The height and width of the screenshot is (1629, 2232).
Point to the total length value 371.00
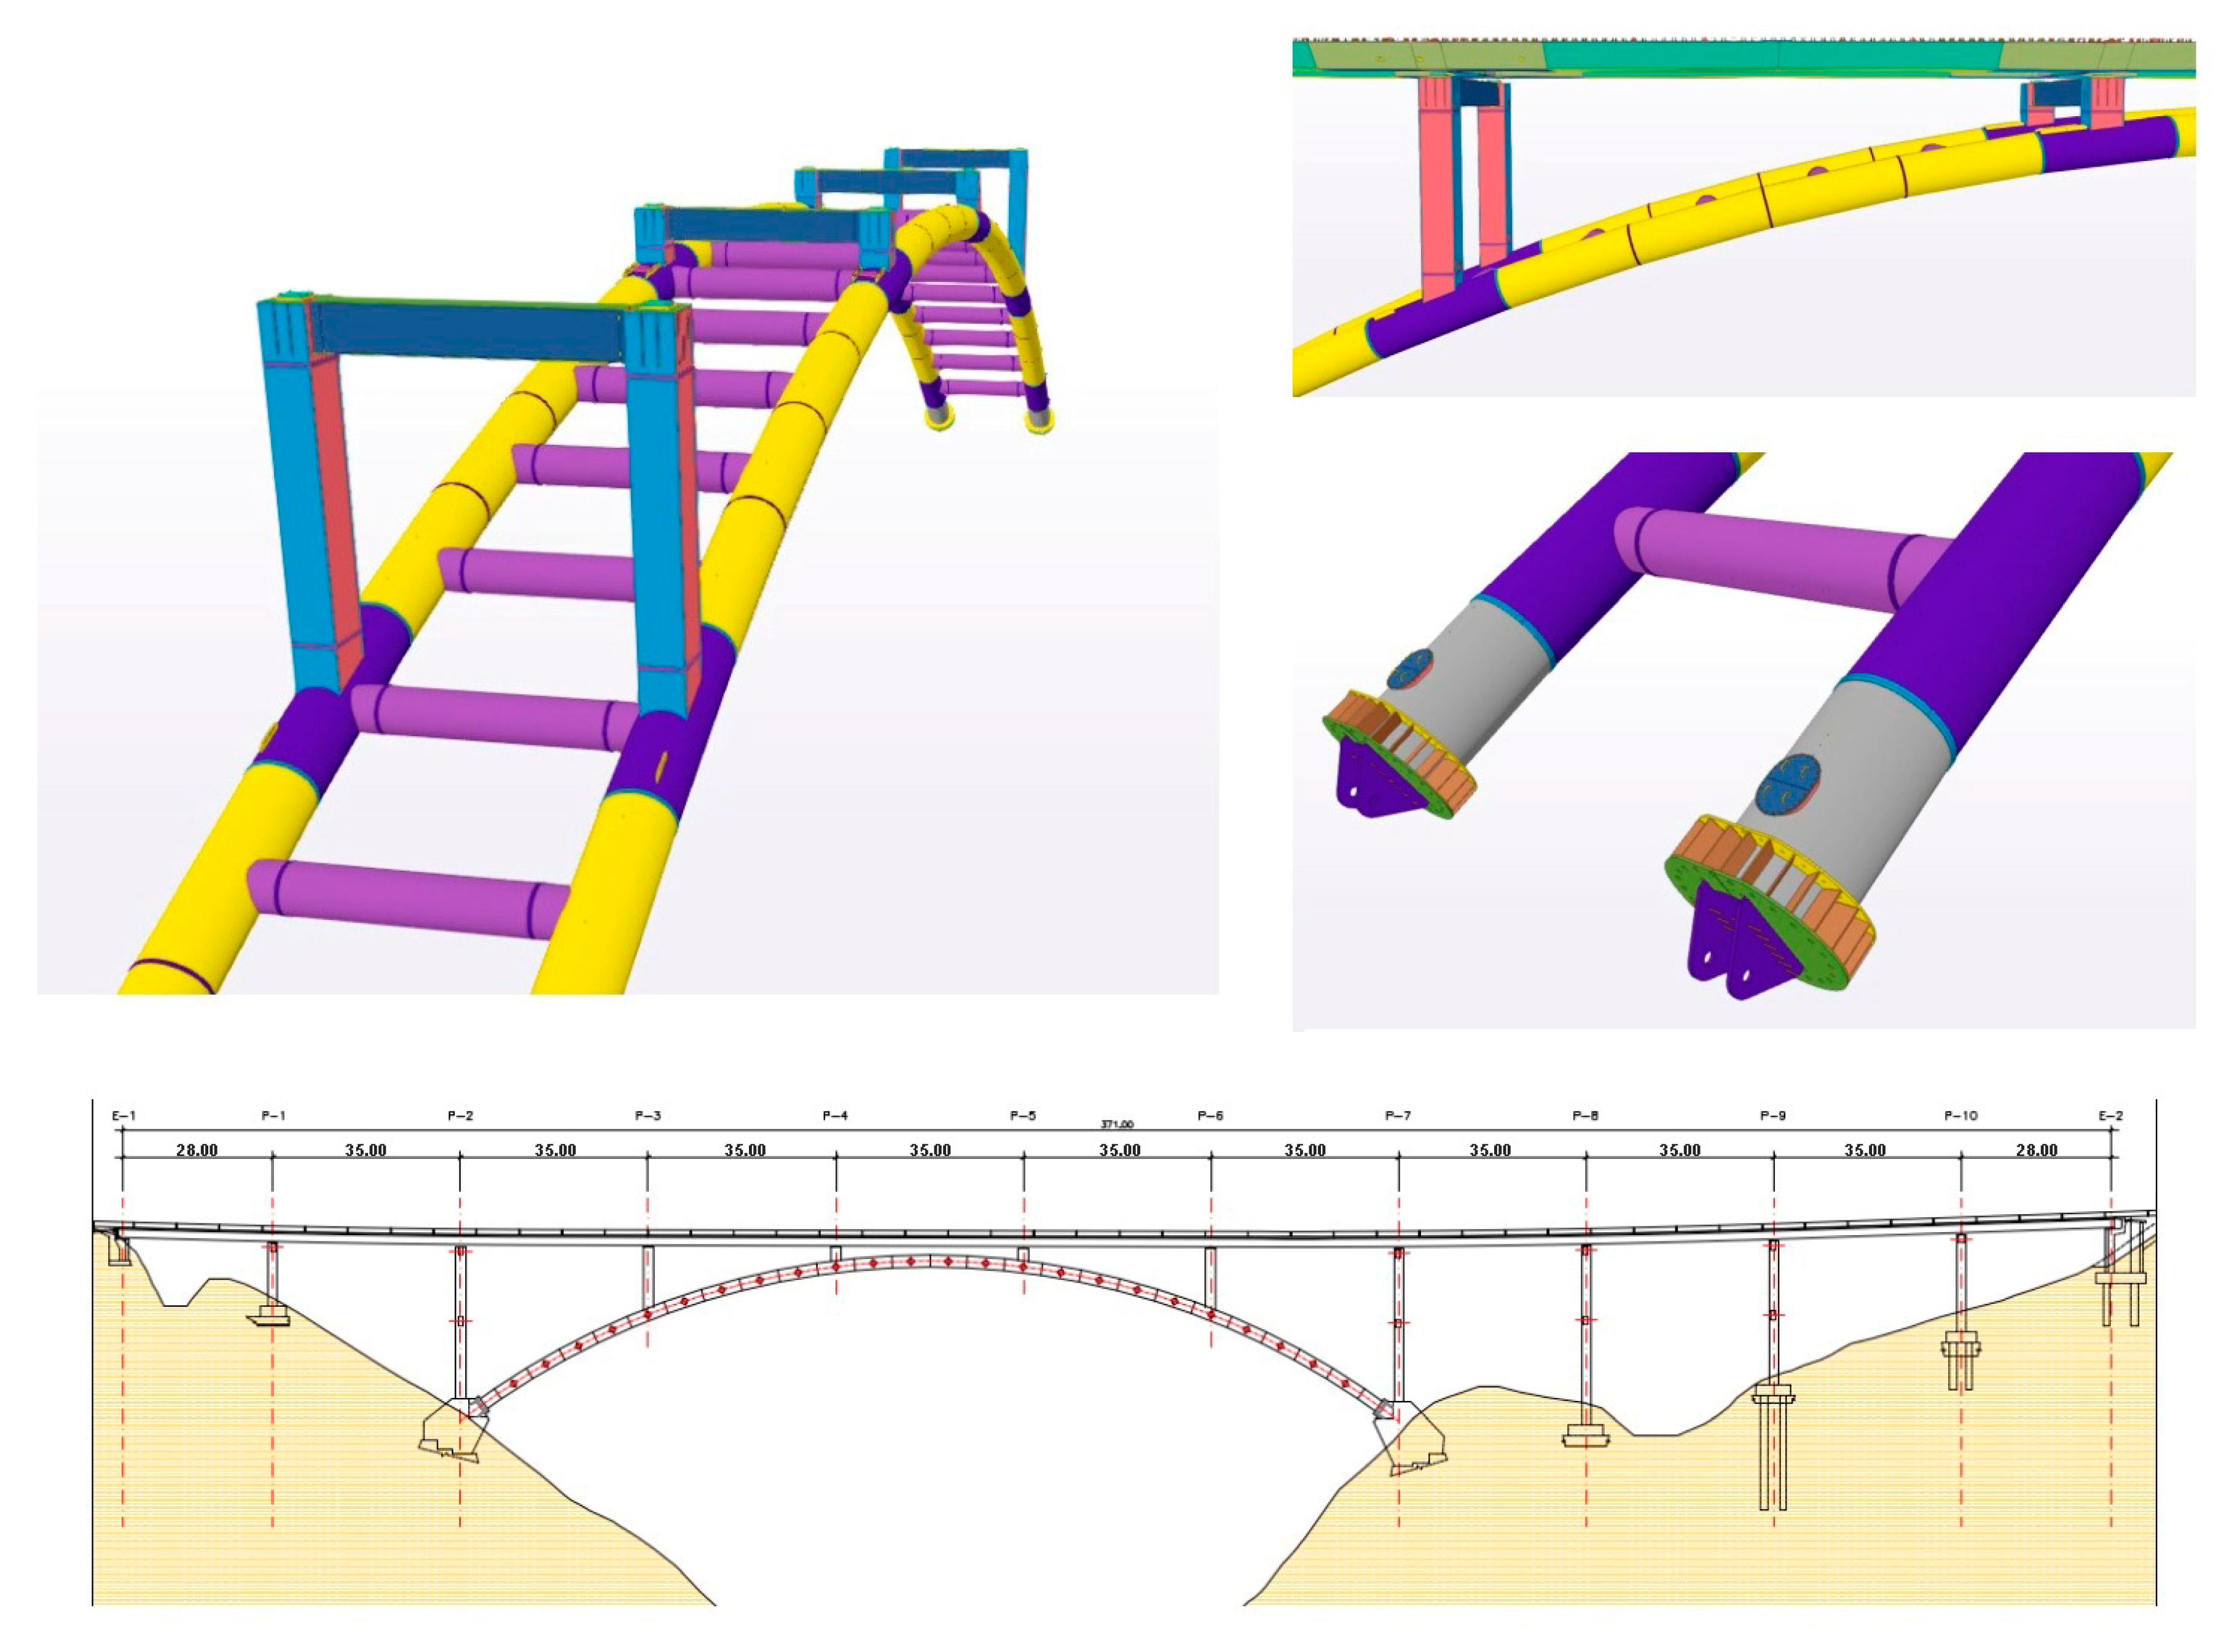tap(1117, 1124)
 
